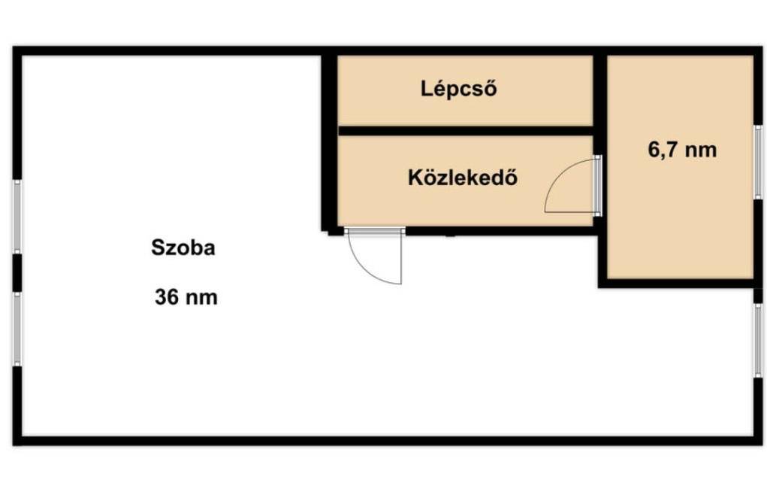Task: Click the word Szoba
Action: (183, 248)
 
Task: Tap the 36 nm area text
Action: (186, 297)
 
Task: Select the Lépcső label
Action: (459, 89)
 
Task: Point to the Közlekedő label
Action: (463, 178)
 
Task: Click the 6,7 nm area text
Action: (682, 150)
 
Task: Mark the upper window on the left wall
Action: (17, 217)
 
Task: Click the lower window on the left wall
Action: (17, 330)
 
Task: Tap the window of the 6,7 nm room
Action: (758, 163)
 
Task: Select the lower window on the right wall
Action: (758, 341)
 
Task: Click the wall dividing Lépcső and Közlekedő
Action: (466, 131)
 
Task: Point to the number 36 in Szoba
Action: (165, 297)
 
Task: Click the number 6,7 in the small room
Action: (662, 150)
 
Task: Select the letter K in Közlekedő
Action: (415, 178)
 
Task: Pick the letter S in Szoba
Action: (158, 248)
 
